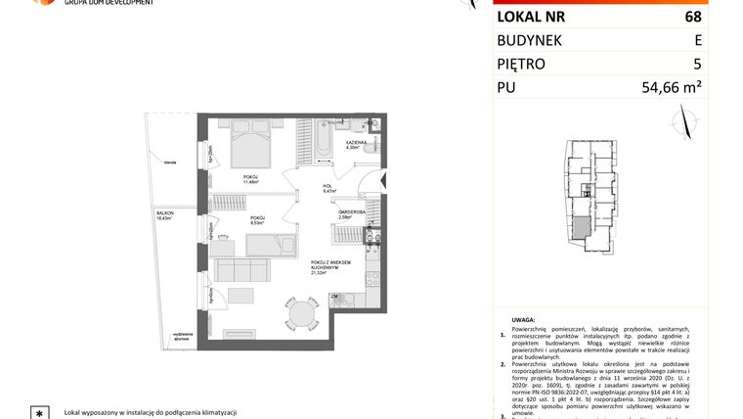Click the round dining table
tap(303, 313)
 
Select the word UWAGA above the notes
tap(523, 320)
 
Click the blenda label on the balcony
tap(170, 163)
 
